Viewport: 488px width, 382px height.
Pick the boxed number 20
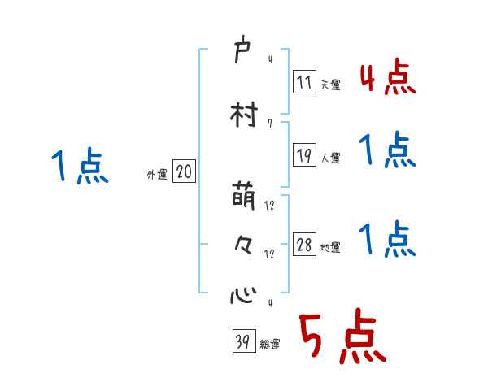[185, 171]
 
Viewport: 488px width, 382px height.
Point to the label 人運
[331, 158]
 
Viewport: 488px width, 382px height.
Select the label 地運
[331, 247]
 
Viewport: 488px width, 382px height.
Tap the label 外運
[156, 173]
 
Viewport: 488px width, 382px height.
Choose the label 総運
[270, 344]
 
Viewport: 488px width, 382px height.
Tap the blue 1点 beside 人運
[387, 150]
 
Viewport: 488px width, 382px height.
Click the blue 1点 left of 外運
[80, 167]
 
